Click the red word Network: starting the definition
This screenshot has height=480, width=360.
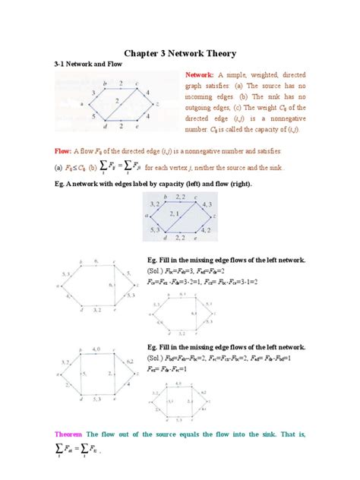202,75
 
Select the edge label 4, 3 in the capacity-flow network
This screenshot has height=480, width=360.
208,206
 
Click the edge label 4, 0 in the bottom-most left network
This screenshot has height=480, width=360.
94,348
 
